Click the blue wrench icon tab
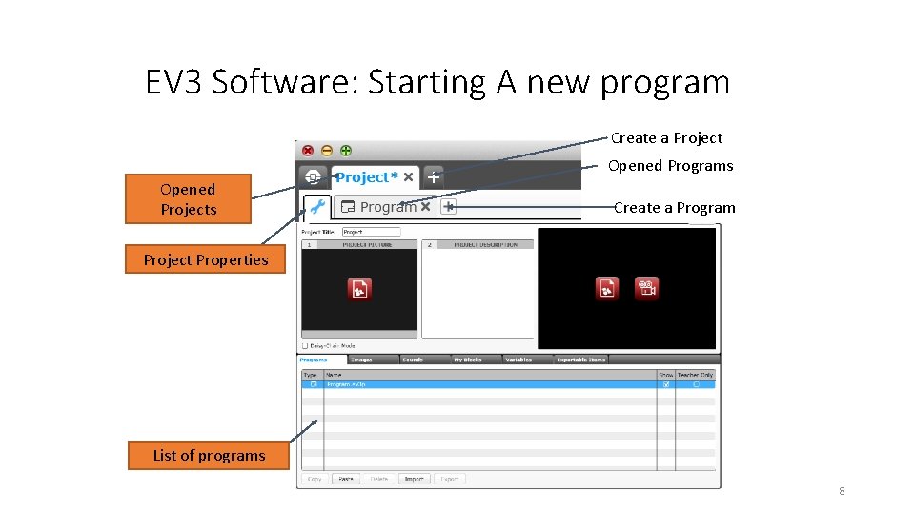click(x=316, y=206)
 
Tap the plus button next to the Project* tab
click(x=434, y=176)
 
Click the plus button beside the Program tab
click(x=449, y=206)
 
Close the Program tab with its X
click(x=425, y=206)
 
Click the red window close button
click(x=308, y=150)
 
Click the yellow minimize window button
click(x=327, y=150)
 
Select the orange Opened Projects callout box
click(x=188, y=199)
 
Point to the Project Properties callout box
click(x=206, y=259)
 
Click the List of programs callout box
click(x=209, y=456)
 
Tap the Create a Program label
click(x=674, y=208)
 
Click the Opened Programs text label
click(x=670, y=166)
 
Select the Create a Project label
click(x=666, y=138)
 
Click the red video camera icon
click(x=646, y=288)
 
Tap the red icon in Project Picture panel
click(x=358, y=288)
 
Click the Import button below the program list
click(x=414, y=479)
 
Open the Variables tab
click(x=518, y=360)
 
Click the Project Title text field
click(x=371, y=232)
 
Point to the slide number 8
click(x=842, y=491)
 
